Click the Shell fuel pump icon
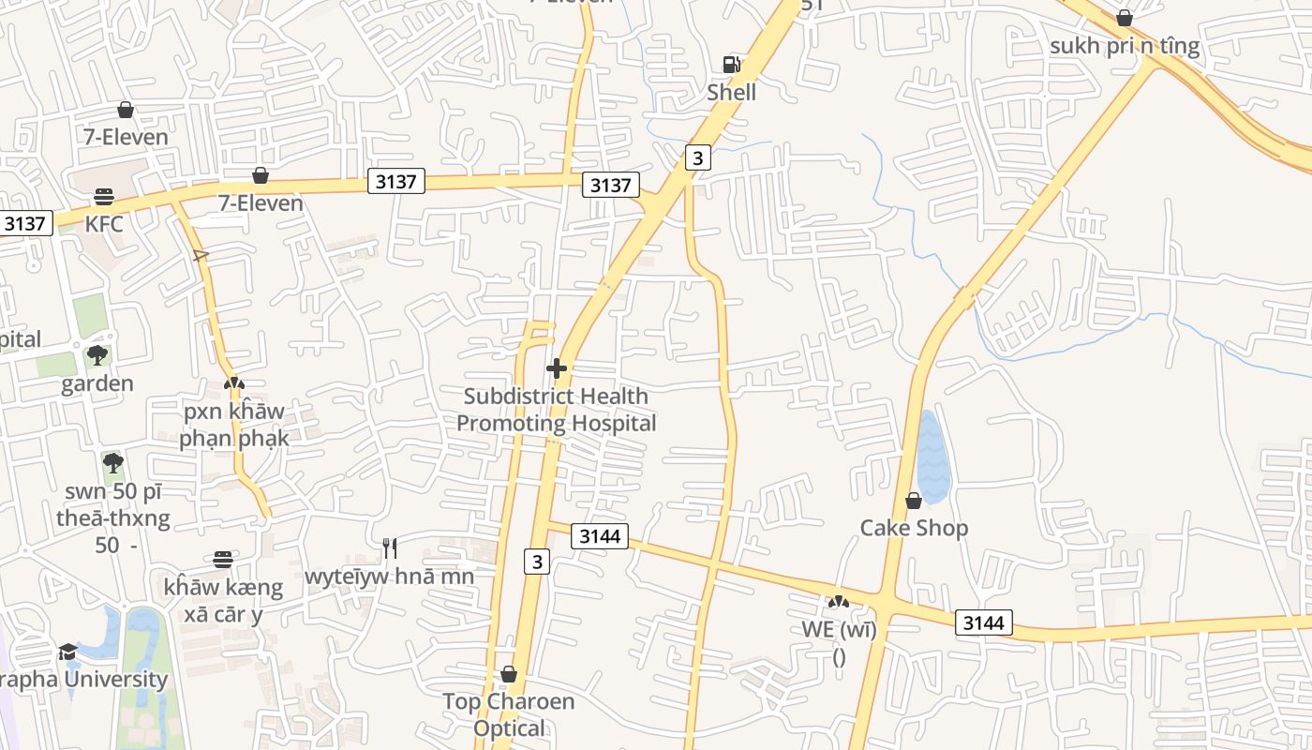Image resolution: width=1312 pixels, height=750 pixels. pos(731,64)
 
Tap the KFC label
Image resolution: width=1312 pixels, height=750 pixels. pos(104,224)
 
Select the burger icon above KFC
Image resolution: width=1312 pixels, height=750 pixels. pos(104,197)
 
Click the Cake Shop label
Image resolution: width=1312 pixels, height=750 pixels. pos(914,528)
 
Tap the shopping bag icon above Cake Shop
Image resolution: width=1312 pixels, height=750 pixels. pos(914,502)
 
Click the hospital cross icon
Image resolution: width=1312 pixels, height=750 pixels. pos(557,368)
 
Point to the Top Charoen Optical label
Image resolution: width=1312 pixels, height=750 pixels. pos(508,714)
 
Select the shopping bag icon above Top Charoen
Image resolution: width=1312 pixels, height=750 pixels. pos(508,674)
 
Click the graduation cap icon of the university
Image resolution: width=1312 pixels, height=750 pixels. pos(67,652)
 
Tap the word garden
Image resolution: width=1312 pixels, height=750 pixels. pos(97,383)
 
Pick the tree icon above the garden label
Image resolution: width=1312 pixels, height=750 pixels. pos(97,355)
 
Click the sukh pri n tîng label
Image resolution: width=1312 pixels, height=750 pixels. pos(1125,46)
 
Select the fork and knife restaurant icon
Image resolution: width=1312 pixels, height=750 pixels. pos(390,548)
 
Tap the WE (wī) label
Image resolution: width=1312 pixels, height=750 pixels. pos(839,629)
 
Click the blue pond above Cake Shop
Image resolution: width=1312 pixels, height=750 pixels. pos(932,457)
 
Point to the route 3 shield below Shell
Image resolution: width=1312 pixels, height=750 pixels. pos(696,157)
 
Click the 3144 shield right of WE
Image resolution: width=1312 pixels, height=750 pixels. pos(984,622)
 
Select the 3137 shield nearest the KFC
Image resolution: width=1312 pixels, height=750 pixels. pos(25,223)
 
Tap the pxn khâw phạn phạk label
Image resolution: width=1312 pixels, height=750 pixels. pos(233,425)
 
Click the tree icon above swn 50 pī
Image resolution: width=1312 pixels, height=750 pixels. pos(112,463)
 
